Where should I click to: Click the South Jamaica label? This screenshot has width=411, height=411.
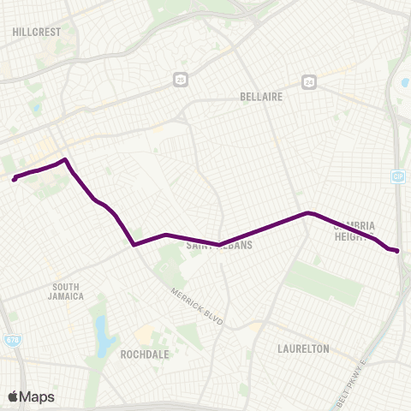click(68, 291)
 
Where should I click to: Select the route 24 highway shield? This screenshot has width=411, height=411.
click(308, 82)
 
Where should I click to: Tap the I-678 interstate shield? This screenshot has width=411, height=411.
click(12, 316)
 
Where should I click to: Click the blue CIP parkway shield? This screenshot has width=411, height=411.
click(397, 176)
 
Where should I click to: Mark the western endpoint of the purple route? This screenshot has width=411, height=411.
click(15, 179)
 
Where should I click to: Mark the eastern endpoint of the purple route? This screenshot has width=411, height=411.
click(398, 250)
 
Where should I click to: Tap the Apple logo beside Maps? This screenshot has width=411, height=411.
click(13, 396)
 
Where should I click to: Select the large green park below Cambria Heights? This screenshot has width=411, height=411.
click(323, 283)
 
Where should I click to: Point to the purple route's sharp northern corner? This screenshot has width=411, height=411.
click(65, 159)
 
